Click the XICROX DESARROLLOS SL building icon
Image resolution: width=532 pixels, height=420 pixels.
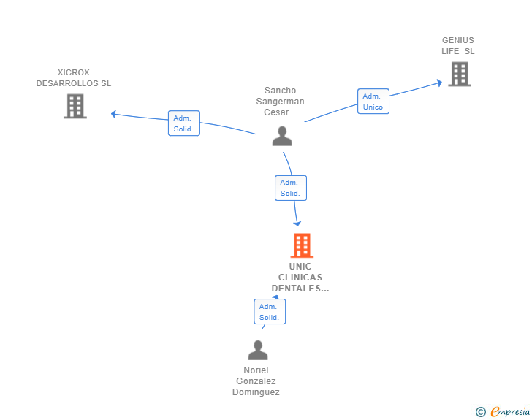75,107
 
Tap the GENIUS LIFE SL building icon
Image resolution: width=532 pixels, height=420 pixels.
459,74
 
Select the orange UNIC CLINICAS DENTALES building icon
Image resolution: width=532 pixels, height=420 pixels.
302,245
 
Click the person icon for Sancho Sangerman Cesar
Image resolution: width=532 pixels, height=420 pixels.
282,136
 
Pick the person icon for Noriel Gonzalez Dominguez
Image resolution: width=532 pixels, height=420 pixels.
257,351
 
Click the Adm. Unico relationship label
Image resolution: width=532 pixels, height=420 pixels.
373,102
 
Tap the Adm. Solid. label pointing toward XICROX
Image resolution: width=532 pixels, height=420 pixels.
183,123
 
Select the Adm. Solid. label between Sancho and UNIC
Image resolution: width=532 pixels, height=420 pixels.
290,188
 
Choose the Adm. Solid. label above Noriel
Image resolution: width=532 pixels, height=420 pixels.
269,312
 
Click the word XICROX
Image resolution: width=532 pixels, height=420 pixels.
73,72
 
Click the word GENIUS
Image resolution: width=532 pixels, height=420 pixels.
457,40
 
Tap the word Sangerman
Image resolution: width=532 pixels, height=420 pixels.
280,102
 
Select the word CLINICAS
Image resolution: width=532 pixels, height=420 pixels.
300,278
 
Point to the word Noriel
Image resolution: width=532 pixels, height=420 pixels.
256,370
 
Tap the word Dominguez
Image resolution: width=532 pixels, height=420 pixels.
256,392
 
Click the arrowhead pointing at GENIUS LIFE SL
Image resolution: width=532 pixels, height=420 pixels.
439,83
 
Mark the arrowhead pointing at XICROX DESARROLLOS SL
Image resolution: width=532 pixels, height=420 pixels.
113,113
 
